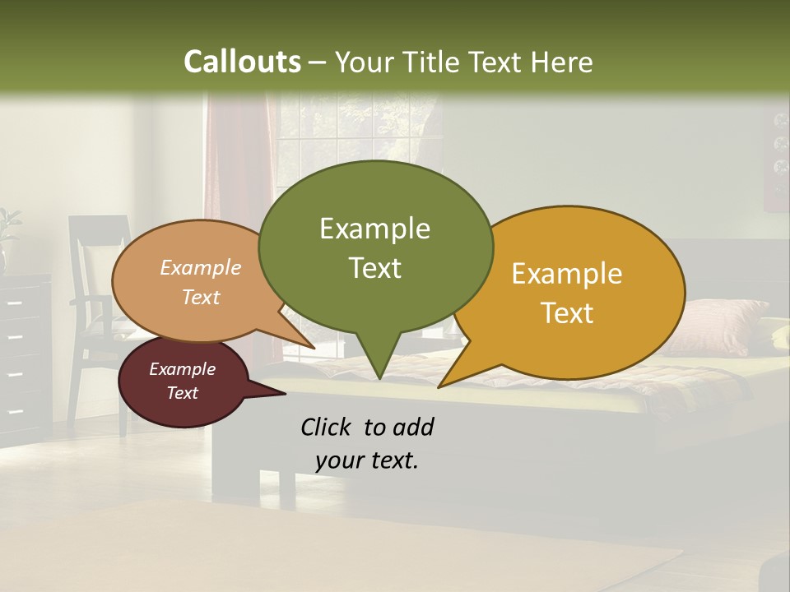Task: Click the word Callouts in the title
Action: (242, 62)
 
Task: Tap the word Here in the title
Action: (562, 62)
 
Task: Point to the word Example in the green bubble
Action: (374, 229)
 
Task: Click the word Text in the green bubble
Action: (374, 268)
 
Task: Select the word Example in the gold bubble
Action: (567, 274)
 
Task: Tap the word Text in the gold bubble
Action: (567, 313)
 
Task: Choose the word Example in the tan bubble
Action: (201, 267)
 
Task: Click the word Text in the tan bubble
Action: (201, 297)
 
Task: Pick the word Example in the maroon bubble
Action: (182, 369)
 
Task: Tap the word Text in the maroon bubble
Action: (182, 393)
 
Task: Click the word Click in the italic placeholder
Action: (326, 427)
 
